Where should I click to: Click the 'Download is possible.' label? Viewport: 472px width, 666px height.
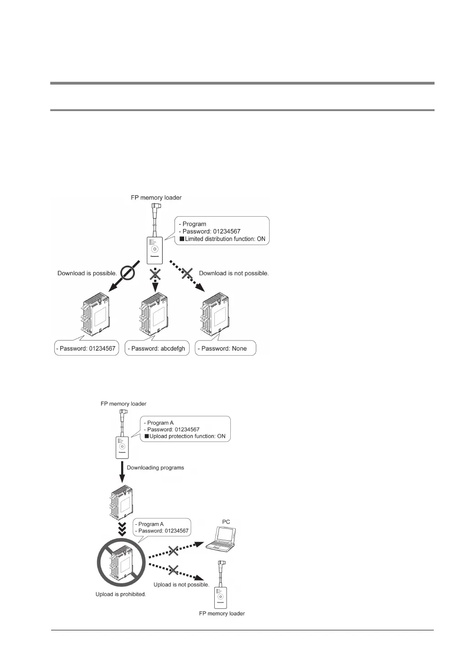pyautogui.click(x=87, y=273)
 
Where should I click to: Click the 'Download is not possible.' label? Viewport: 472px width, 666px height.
pyautogui.click(x=234, y=273)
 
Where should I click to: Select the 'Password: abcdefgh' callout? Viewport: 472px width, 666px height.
pyautogui.click(x=157, y=348)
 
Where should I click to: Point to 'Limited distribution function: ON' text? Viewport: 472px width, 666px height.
pyautogui.click(x=225, y=239)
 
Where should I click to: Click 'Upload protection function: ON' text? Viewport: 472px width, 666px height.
pyautogui.click(x=187, y=436)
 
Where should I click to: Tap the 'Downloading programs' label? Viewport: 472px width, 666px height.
pyautogui.click(x=155, y=468)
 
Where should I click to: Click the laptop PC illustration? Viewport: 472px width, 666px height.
pyautogui.click(x=221, y=539)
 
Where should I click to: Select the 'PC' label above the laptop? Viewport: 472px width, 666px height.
pyautogui.click(x=226, y=522)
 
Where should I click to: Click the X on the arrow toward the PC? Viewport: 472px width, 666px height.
pyautogui.click(x=173, y=551)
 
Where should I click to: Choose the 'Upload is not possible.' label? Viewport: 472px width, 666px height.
pyautogui.click(x=181, y=585)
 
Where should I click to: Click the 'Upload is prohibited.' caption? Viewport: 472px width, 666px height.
pyautogui.click(x=121, y=594)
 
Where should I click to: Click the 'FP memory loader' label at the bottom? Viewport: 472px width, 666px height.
pyautogui.click(x=222, y=613)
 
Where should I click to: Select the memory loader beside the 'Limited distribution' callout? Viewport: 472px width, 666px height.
pyautogui.click(x=155, y=250)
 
